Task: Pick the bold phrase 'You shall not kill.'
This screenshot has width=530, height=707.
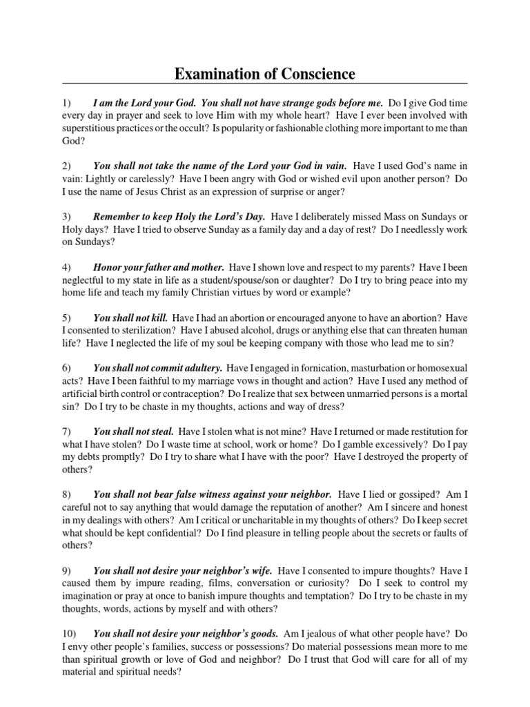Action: (x=130, y=318)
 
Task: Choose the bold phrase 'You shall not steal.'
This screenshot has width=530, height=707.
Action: (x=133, y=431)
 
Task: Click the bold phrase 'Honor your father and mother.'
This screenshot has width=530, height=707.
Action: (x=158, y=266)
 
